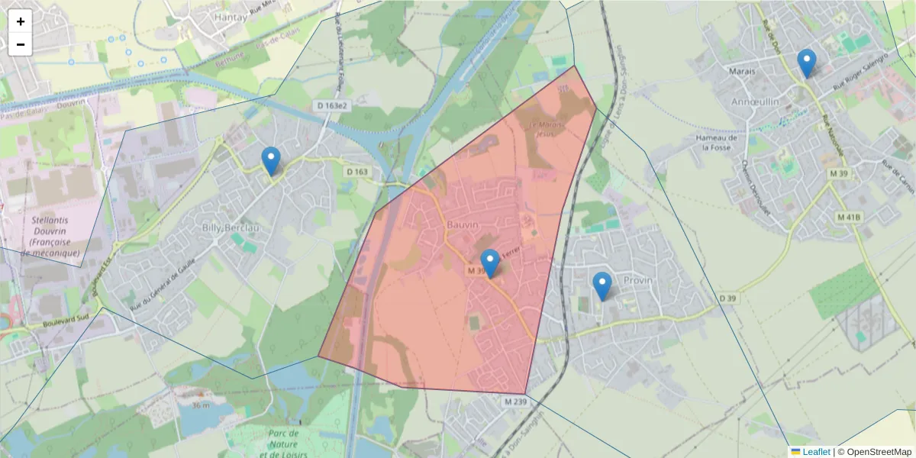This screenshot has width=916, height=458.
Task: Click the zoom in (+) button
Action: click(x=21, y=21)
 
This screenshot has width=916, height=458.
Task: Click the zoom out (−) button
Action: click(x=21, y=44)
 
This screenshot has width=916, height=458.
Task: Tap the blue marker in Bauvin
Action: click(x=489, y=263)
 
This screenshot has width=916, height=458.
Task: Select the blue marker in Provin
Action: click(x=602, y=285)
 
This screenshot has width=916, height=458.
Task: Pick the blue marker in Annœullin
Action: click(x=806, y=63)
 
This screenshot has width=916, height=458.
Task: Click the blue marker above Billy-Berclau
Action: click(x=270, y=160)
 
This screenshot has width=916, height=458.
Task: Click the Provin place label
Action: click(x=638, y=280)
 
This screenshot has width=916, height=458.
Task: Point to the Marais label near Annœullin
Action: click(x=741, y=71)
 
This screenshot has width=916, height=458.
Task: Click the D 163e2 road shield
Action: click(x=331, y=105)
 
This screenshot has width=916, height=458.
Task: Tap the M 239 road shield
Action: click(x=516, y=402)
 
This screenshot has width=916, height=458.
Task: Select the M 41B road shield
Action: click(x=848, y=217)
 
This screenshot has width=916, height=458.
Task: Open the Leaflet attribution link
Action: click(x=815, y=452)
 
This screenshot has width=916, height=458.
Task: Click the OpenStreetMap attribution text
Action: click(x=875, y=452)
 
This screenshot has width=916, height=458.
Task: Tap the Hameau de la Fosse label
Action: click(x=717, y=142)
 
